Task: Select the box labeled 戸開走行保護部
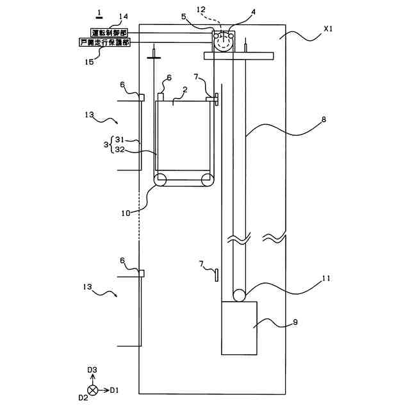[107, 42]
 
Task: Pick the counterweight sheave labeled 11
[239, 295]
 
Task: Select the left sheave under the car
[160, 180]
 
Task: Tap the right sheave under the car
[208, 180]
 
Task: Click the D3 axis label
[92, 370]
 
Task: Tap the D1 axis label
[114, 389]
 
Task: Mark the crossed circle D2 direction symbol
[94, 389]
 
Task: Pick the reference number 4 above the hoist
[236, 12]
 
